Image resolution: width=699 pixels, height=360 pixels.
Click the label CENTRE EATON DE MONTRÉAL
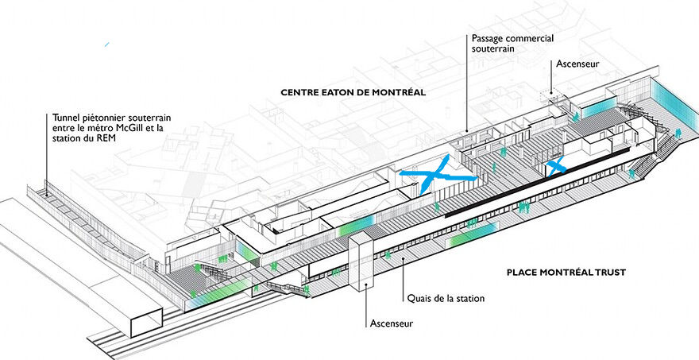coord(353,93)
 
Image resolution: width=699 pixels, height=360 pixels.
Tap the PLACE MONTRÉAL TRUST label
coord(566,272)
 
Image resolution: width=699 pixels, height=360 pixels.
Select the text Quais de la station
coord(446,298)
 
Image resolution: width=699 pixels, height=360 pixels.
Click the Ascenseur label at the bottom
coord(392,323)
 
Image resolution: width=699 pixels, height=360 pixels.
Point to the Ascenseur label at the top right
coord(577,64)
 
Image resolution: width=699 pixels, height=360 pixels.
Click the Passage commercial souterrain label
coord(512,43)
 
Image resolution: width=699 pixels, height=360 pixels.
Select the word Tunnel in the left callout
coord(65,118)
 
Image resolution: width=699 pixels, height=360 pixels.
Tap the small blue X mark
coord(556,166)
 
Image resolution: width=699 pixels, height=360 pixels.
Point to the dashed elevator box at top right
coord(550,97)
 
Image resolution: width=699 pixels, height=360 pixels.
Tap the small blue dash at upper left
coord(107,45)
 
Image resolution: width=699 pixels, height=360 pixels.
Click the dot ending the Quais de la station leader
coord(404,259)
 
